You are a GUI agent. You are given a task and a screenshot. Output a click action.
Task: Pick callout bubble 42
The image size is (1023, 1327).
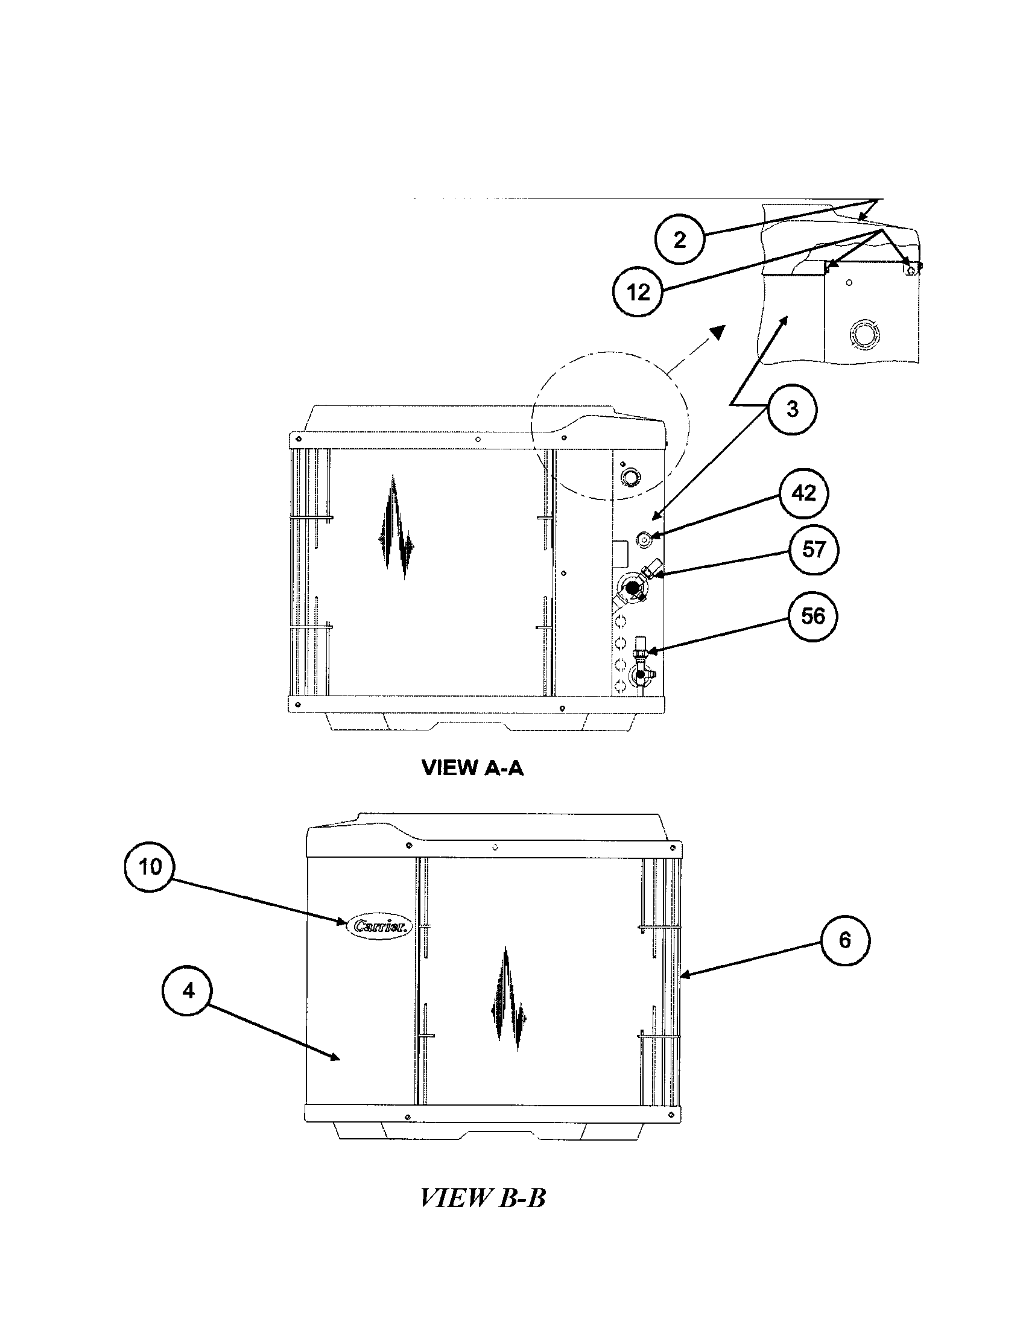coord(803,493)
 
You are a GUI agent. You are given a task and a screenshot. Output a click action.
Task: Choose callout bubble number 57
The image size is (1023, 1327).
coord(813,549)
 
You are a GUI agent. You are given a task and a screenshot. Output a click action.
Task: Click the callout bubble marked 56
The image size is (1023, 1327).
coord(813,616)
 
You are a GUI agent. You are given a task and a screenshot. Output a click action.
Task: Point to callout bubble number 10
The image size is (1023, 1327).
coord(150,867)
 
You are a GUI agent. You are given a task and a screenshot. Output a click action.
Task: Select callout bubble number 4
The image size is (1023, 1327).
coord(188,991)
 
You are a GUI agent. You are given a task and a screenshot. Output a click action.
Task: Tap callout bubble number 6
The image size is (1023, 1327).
coord(844,940)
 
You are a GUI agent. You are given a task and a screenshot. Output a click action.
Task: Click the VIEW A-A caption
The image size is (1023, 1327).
coord(472,768)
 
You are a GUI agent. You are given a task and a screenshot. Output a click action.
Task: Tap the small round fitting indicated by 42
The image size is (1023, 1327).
coord(644,537)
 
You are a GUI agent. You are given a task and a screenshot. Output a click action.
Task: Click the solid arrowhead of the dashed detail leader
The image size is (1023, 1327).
coord(718,332)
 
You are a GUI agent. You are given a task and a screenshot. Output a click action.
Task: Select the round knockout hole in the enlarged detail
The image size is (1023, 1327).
coord(863,334)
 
